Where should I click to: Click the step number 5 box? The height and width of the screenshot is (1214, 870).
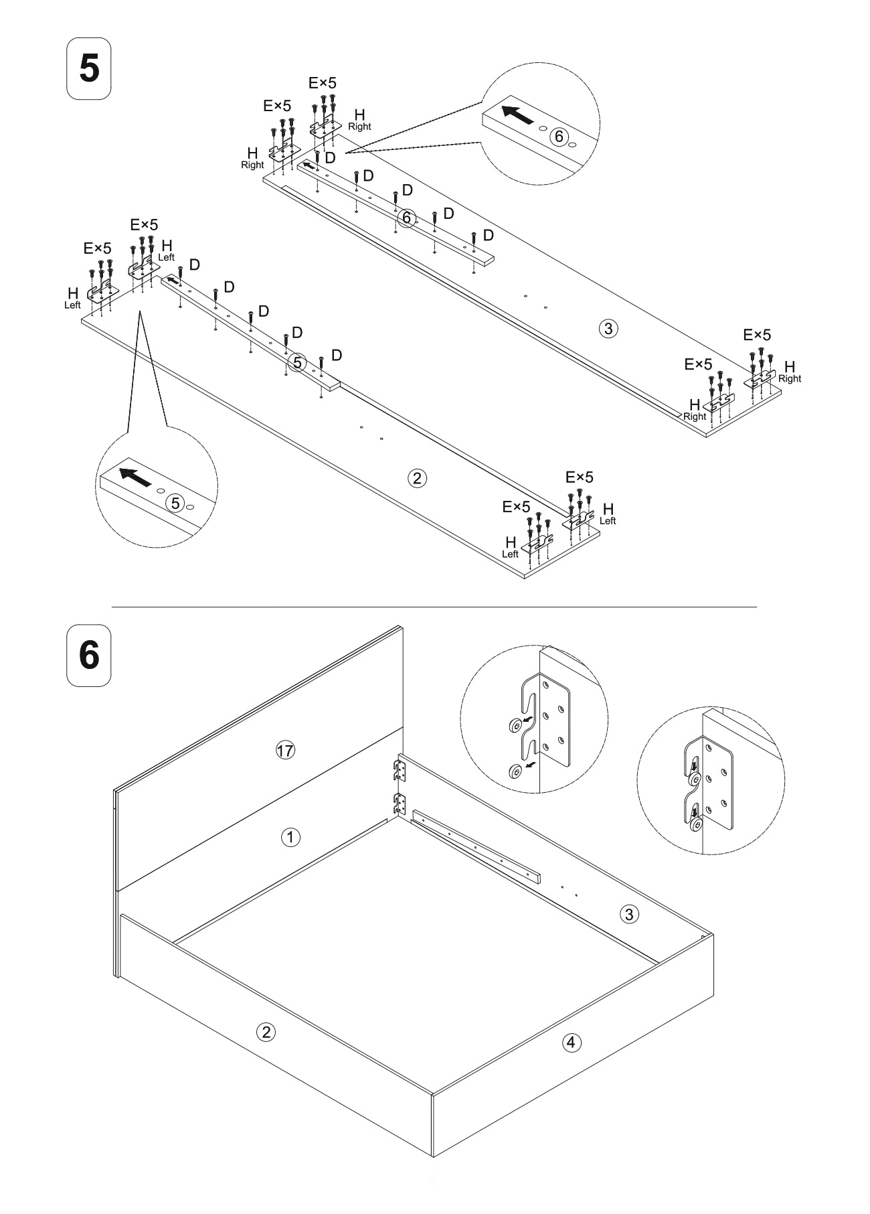point(88,69)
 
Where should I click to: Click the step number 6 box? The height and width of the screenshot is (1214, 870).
point(88,655)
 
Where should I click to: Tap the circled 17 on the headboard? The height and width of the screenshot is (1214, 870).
point(285,751)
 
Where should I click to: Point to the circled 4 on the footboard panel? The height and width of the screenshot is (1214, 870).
point(571,1042)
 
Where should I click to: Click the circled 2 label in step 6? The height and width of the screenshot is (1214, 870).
point(266,1032)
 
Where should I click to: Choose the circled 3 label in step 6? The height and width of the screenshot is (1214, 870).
point(629,914)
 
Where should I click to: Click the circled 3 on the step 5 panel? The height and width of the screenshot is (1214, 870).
point(608,328)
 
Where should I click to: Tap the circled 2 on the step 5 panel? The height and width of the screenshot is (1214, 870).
point(417,478)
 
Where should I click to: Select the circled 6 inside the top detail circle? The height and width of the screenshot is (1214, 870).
point(557,137)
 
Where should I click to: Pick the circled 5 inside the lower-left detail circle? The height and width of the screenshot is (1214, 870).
point(175,503)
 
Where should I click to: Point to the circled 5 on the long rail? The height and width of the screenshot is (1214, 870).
point(297,363)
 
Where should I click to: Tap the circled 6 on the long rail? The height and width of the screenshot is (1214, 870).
point(406,218)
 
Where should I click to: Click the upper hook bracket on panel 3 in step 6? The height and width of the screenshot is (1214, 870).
point(400,769)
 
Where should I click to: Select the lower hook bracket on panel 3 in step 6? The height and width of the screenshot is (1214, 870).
point(400,803)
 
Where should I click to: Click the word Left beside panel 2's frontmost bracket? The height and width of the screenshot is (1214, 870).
point(510,554)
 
